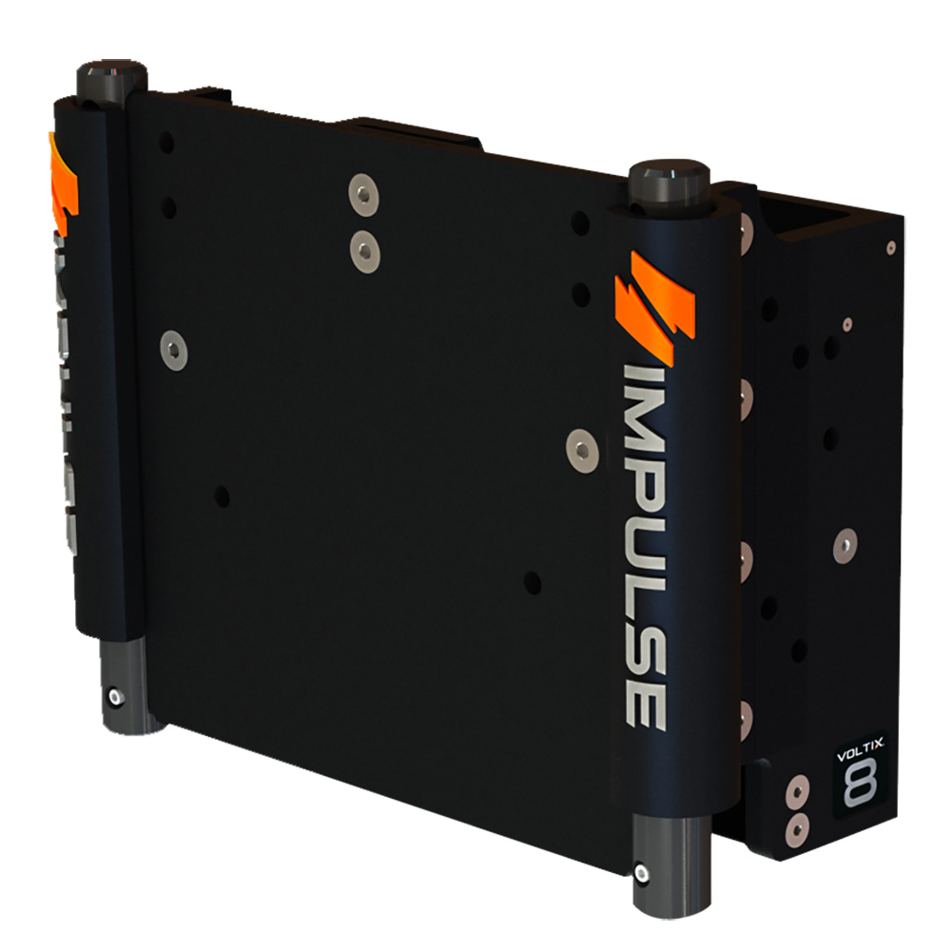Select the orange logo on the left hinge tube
coord(64,186)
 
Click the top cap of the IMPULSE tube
coord(670,179)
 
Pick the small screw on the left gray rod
coord(114,697)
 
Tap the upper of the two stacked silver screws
coord(362,192)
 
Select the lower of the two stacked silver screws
coord(362,250)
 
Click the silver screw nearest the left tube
coord(173,351)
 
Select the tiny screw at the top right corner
coord(890,247)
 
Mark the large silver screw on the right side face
coord(844,545)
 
